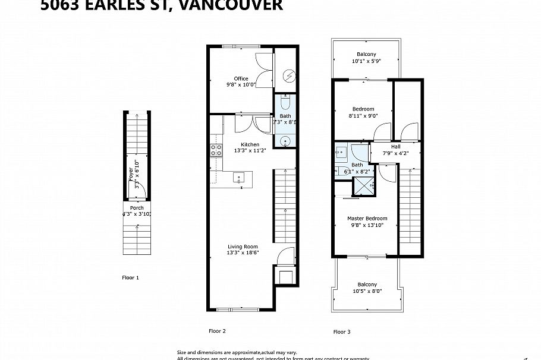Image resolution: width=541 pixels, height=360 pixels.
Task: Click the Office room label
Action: (241, 78)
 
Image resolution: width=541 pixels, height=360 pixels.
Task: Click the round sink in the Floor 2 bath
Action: (285, 141)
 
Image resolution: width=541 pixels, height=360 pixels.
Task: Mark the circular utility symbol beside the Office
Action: (288, 75)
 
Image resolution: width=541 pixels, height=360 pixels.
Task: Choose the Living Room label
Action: (243, 247)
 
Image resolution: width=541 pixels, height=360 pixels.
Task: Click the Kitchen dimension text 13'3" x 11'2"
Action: (250, 151)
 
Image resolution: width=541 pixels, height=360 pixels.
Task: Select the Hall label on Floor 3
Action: (395, 147)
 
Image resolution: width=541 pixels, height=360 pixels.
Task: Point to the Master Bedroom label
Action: (367, 218)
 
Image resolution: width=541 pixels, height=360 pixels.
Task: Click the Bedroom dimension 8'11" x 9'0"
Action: (363, 116)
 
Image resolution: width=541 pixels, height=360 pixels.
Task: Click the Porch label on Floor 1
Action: (137, 208)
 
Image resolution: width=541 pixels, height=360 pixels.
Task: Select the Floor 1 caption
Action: (130, 277)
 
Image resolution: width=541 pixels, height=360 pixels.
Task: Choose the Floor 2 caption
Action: (217, 331)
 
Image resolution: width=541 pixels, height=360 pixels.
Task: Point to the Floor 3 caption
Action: (342, 331)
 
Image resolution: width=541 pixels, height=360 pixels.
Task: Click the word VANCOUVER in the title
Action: (231, 6)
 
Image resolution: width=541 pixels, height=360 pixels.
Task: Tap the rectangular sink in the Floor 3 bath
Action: (341, 151)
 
